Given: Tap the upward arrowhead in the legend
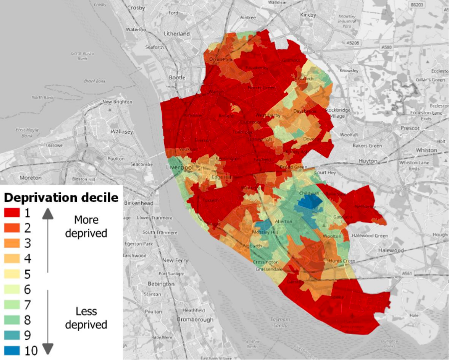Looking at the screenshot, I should click(x=47, y=214).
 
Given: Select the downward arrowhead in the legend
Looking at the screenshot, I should click(x=47, y=349).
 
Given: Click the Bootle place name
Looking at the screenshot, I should click(x=177, y=77).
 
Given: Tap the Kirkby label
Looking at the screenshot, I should click(x=308, y=15).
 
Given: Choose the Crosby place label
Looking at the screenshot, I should click(x=136, y=8).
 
